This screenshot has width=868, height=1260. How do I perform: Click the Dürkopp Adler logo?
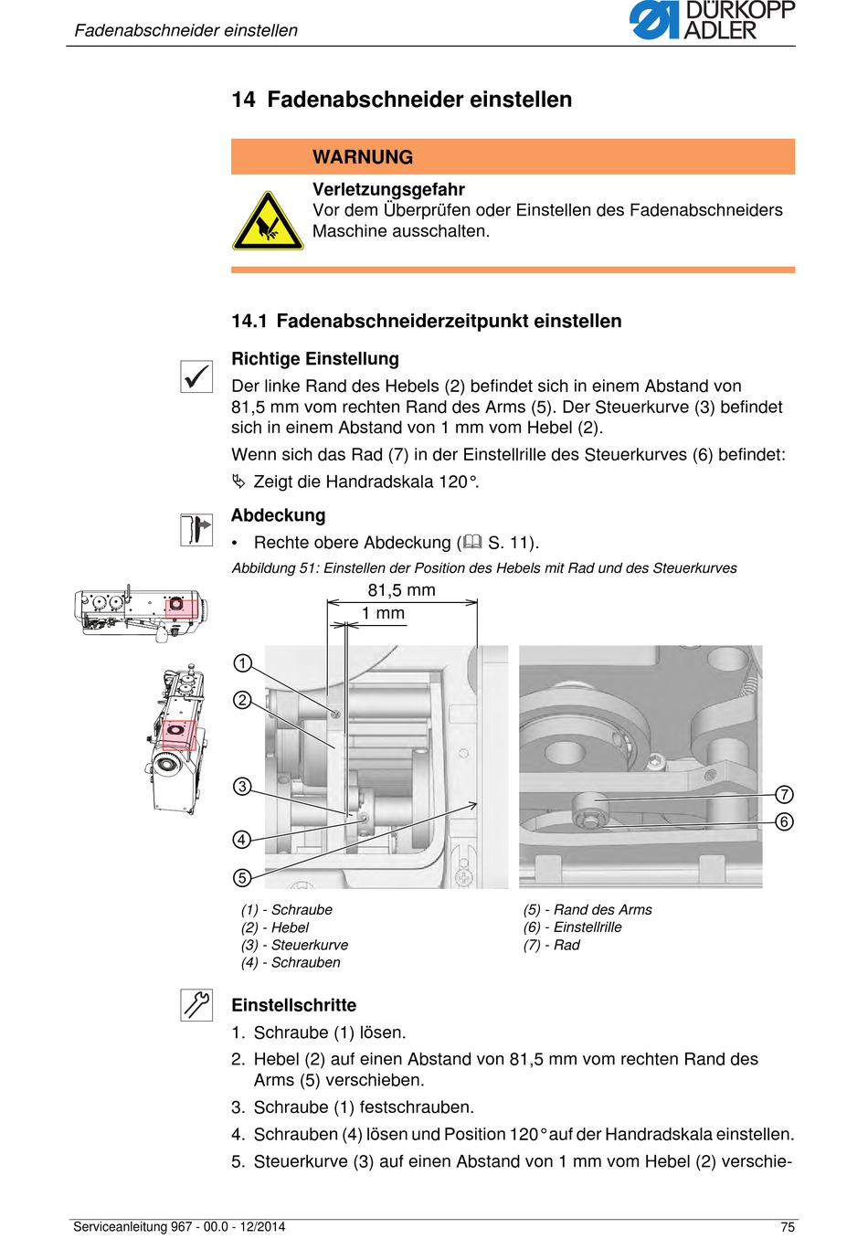[x=712, y=20]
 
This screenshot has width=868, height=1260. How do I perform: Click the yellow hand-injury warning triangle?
[x=268, y=221]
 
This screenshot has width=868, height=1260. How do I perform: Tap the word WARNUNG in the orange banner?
[x=363, y=157]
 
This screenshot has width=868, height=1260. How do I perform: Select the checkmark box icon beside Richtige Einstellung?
[x=196, y=376]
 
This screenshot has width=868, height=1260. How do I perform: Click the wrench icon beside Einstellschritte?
[x=196, y=1005]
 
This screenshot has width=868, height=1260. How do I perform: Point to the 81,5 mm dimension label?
[x=401, y=590]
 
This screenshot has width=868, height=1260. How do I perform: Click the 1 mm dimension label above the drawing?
[x=383, y=613]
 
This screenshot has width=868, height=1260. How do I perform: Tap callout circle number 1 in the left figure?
[x=242, y=663]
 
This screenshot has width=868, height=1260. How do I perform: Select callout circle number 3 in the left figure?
[x=242, y=786]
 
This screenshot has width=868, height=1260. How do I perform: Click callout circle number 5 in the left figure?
[x=242, y=877]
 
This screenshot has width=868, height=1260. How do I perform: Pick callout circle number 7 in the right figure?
[x=784, y=794]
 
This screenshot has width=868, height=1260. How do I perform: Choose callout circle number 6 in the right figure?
[x=784, y=821]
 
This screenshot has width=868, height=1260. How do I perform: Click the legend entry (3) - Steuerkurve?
[x=294, y=945]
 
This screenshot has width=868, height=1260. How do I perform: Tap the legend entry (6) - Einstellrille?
[x=572, y=926]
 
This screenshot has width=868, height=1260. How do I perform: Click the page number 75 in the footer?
[x=788, y=1227]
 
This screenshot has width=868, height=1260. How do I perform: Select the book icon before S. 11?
[x=472, y=542]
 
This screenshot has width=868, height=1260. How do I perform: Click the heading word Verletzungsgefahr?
[x=388, y=189]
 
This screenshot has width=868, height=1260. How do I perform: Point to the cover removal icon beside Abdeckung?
[x=196, y=530]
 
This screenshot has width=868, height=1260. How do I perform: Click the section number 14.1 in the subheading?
[x=249, y=322]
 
